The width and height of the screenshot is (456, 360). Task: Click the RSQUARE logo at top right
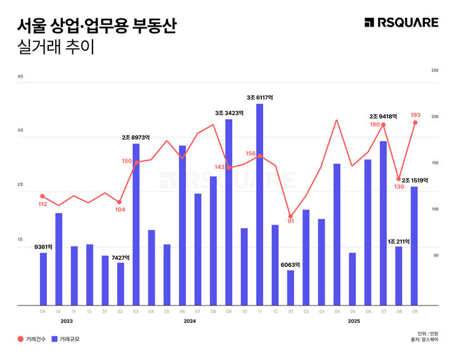point(401,23)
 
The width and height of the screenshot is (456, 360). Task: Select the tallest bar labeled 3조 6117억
point(259,204)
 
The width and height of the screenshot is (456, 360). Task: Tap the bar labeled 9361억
point(43,279)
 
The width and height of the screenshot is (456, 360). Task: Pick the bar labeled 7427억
point(121,283)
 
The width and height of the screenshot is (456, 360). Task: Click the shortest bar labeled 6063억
point(290,288)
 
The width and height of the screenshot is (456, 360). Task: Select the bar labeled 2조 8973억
point(136,224)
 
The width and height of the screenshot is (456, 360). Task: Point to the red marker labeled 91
point(290,217)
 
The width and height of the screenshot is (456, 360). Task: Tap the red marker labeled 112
point(42,196)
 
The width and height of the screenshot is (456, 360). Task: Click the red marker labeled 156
point(259,156)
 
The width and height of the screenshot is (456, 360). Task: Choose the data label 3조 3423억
point(228,113)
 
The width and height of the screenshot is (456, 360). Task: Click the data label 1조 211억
point(399,241)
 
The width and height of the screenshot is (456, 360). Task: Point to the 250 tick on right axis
point(434,70)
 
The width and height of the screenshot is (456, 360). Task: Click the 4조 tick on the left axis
point(21,76)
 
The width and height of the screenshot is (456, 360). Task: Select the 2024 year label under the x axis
point(190,321)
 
